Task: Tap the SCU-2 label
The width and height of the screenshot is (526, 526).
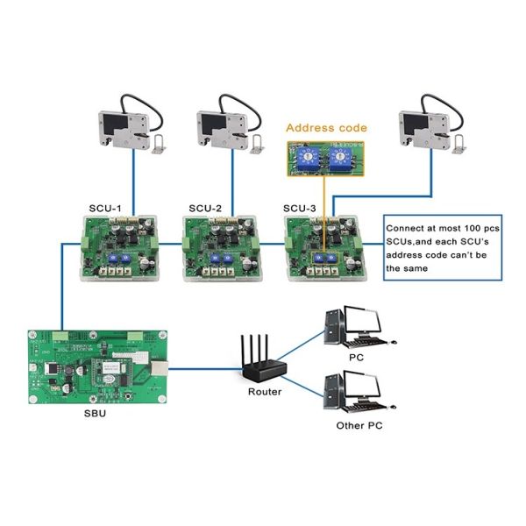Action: coord(204,208)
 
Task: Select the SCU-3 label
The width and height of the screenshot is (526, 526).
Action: coord(300,208)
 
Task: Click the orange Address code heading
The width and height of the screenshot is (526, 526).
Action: coord(327,128)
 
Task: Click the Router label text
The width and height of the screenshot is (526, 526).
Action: coord(264,392)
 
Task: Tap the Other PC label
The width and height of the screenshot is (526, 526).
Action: coord(359,425)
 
